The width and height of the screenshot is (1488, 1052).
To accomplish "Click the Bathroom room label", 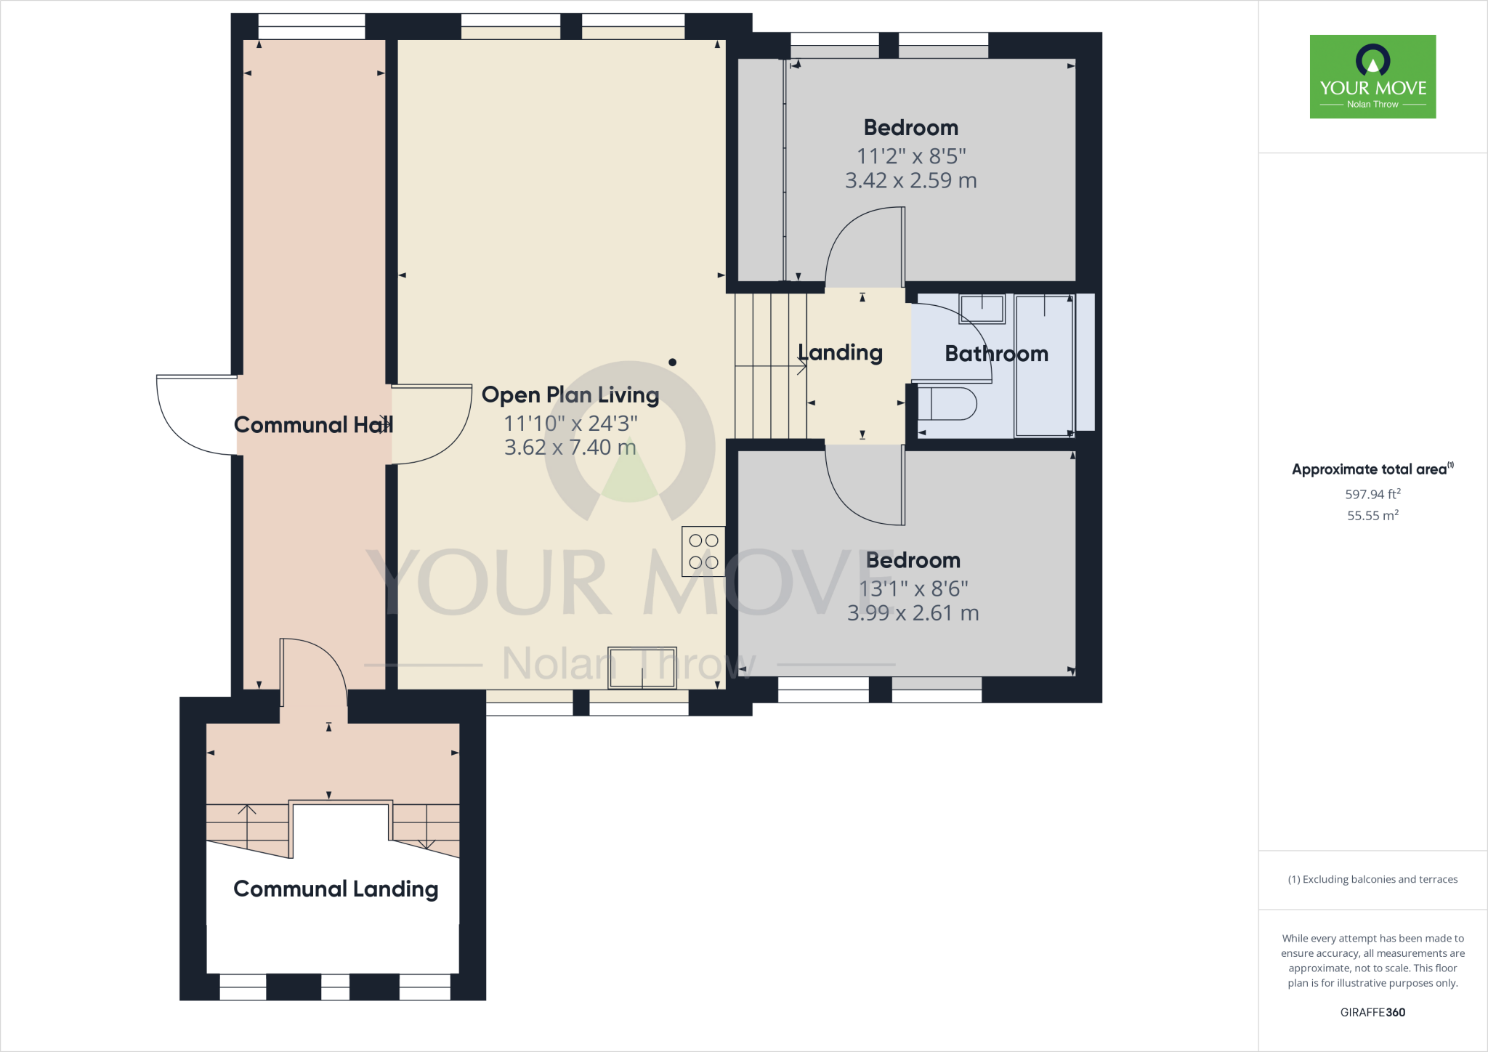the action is [x=996, y=354].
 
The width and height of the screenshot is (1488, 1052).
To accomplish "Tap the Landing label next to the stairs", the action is [x=841, y=353].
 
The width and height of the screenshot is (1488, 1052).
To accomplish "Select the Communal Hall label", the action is [x=313, y=425].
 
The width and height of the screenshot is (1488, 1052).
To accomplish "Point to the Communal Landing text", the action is [x=336, y=889].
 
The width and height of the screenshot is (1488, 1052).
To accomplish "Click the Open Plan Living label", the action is [x=570, y=395].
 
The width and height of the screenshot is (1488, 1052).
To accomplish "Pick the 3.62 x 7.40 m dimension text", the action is [x=570, y=448].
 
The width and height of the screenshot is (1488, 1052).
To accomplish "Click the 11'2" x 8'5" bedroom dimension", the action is [x=911, y=156].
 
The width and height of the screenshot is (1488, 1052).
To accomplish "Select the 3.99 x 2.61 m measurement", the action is [x=913, y=613].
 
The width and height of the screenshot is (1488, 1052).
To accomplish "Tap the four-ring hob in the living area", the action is [x=703, y=551].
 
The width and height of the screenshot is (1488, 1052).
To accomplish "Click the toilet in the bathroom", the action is [x=947, y=404].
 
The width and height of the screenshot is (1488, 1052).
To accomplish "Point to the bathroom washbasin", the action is [x=982, y=309].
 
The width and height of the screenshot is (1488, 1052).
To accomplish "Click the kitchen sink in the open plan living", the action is [x=642, y=668].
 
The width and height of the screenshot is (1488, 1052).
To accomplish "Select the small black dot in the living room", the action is [x=673, y=362].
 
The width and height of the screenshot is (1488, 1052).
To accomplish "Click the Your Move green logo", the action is [x=1372, y=76].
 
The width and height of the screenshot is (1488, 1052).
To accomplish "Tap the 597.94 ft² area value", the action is [x=1372, y=494].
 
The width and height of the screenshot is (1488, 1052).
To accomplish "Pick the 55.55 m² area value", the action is [x=1372, y=515].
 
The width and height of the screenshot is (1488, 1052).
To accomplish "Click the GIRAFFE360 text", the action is [x=1372, y=1012].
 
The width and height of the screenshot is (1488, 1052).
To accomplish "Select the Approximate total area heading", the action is [x=1372, y=469].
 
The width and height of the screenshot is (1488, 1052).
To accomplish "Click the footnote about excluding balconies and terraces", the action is [x=1372, y=879].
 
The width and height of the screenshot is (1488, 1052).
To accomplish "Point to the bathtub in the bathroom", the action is [x=1044, y=365].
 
